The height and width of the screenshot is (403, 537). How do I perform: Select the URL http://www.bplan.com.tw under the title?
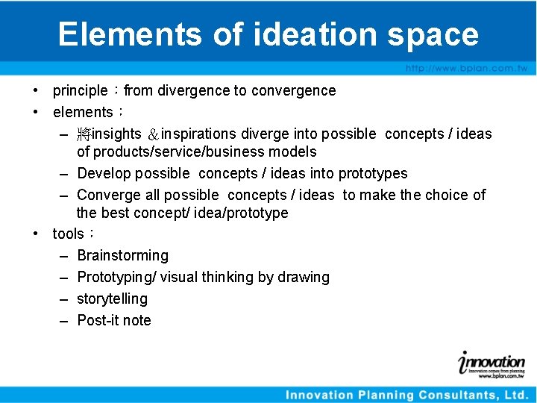point(466,68)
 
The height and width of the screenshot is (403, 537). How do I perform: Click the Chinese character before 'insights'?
point(84,134)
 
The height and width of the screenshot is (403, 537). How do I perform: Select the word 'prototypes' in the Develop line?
point(373,173)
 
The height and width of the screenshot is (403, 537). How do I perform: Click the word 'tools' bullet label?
point(68,234)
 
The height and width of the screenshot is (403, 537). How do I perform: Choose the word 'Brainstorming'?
point(123,255)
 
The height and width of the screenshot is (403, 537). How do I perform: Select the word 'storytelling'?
point(112,299)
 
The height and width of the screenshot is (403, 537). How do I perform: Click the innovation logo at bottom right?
point(492,363)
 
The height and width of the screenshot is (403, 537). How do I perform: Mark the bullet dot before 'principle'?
point(36,90)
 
